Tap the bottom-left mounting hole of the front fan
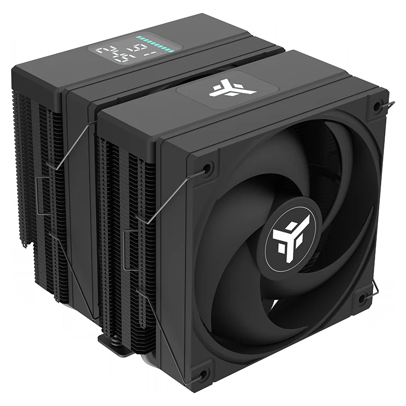point(204,375)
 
